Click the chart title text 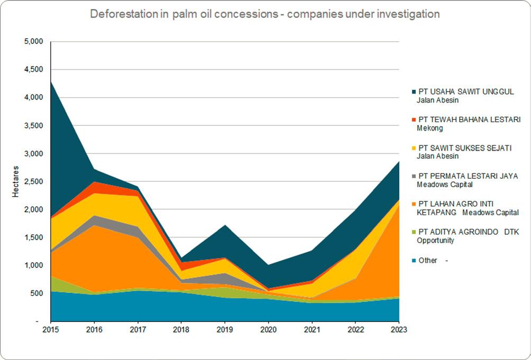(265, 14)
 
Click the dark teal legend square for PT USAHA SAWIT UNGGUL (414, 92)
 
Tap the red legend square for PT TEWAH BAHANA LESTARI (414, 120)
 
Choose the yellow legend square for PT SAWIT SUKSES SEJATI (414, 148)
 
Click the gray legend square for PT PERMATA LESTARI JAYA (414, 176)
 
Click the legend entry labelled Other (428, 260)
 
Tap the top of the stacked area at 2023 (399, 161)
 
